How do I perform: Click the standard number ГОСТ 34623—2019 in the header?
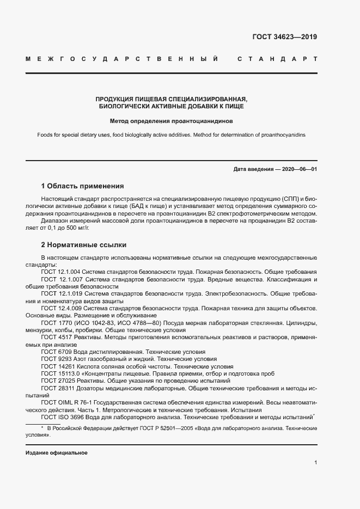point(284,38)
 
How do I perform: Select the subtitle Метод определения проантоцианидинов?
point(171,121)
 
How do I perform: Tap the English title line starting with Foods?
point(171,135)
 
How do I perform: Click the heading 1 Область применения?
point(82,186)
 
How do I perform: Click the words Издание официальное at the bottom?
point(57,453)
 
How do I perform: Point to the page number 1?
point(315,463)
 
